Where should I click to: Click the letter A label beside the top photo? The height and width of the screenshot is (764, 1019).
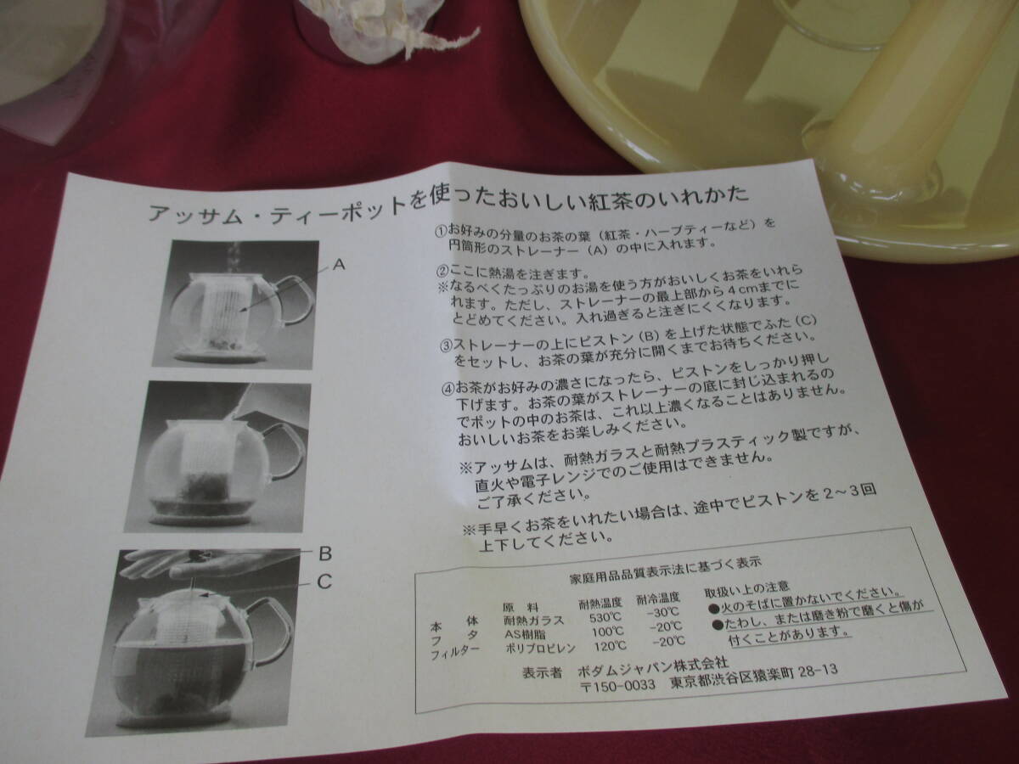pyautogui.click(x=340, y=265)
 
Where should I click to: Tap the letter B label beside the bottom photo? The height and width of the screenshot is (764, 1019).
pyautogui.click(x=325, y=553)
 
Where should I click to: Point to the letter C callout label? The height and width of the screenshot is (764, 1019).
pyautogui.click(x=325, y=581)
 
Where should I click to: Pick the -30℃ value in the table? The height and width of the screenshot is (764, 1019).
pyautogui.click(x=663, y=613)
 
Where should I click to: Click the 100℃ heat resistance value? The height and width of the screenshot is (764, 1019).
pyautogui.click(x=608, y=632)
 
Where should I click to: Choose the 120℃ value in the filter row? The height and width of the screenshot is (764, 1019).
pyautogui.click(x=610, y=646)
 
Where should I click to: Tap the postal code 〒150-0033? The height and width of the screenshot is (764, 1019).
pyautogui.click(x=618, y=686)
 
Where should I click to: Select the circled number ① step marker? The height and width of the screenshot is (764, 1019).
pyautogui.click(x=441, y=231)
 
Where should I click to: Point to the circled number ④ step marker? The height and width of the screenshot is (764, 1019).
pyautogui.click(x=448, y=388)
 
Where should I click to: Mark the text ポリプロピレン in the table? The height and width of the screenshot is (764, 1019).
pyautogui.click(x=541, y=649)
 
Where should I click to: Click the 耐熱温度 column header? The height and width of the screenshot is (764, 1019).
pyautogui.click(x=600, y=604)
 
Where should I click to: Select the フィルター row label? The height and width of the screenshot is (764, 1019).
pyautogui.click(x=455, y=654)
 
